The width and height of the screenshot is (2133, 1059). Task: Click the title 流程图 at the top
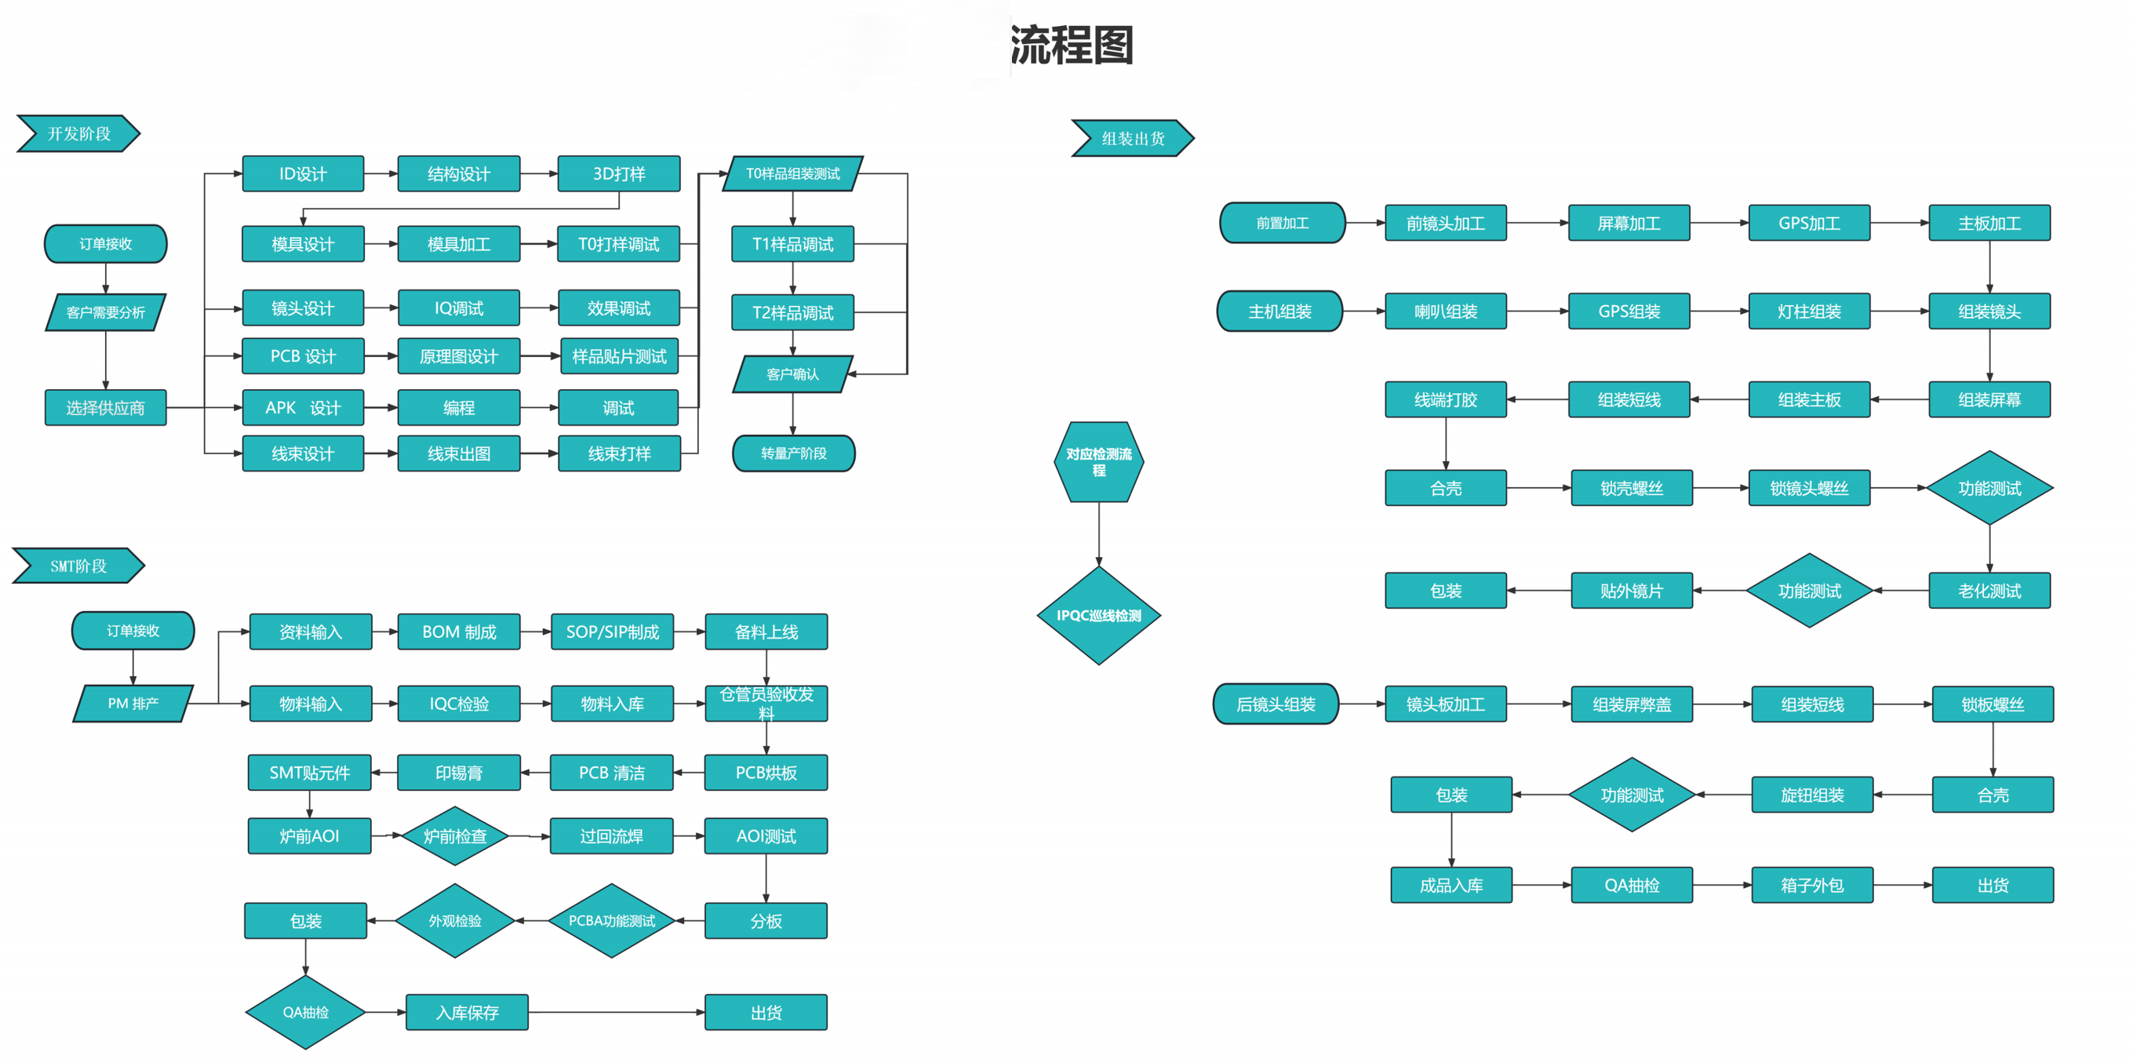point(1072,45)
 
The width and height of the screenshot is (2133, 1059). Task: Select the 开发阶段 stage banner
point(78,133)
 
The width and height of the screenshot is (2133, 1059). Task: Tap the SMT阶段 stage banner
point(78,566)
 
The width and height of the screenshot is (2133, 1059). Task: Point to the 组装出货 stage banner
point(1132,138)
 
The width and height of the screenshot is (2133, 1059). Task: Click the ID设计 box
point(302,174)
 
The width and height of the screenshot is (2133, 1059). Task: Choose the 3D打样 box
point(618,174)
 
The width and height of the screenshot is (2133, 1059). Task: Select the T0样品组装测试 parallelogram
point(792,174)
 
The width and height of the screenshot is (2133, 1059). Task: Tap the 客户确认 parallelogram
point(792,374)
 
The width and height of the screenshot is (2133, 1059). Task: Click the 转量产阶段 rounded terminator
point(793,453)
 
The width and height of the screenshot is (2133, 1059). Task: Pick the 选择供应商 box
point(105,407)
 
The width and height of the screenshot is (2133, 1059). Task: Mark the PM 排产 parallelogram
point(133,704)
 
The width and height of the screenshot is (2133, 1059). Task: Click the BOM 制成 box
point(459,631)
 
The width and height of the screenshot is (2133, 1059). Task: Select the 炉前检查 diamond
point(454,836)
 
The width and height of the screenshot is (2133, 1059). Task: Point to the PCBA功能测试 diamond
point(611,921)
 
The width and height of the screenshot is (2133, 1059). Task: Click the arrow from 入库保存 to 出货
point(616,1012)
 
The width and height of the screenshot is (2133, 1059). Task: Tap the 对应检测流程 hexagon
point(1098,462)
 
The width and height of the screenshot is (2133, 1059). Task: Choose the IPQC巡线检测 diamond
point(1098,615)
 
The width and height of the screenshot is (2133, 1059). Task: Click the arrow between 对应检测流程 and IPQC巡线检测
point(1099,534)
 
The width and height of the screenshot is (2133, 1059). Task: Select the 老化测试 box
point(1989,591)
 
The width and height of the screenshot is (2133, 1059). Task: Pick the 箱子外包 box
point(1811,885)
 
